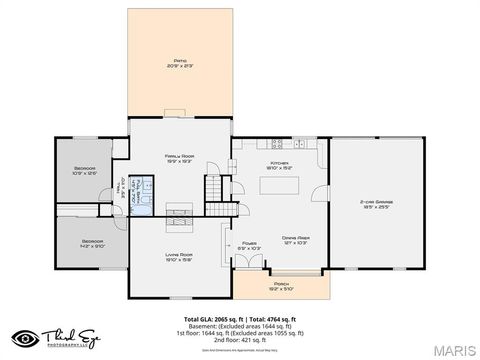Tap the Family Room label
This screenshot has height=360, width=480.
(181, 158)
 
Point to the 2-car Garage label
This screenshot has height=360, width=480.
(375, 203)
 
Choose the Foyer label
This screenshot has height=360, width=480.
(250, 243)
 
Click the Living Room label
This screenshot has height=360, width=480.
(179, 257)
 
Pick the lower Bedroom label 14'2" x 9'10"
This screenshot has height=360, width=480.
(92, 242)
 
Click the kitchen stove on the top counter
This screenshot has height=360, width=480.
(271, 143)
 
